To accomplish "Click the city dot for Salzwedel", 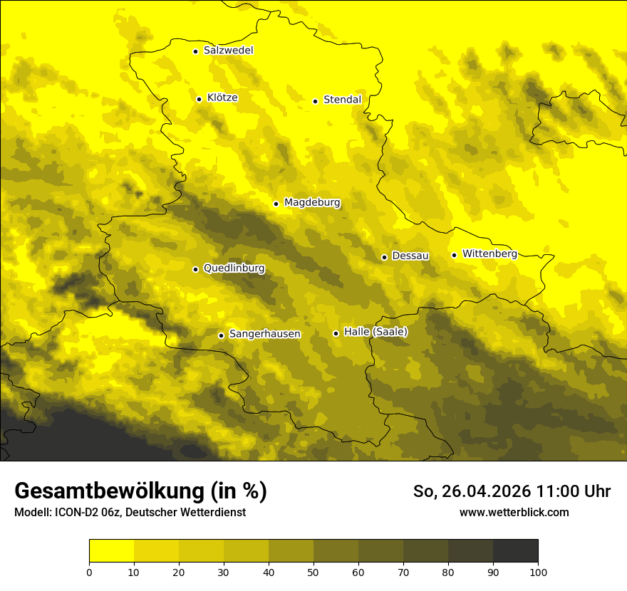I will point(195,51).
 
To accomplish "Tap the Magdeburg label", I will point(312,203).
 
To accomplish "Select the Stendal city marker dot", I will point(315,101).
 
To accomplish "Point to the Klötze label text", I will point(222,98).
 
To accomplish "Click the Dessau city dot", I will point(384,257).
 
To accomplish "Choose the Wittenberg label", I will point(489,253).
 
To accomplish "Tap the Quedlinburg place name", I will point(234,268).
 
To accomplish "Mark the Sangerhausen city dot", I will point(221,335).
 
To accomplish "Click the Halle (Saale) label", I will point(375,332).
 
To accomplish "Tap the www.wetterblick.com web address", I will point(514,512).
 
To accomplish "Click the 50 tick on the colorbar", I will point(313,572).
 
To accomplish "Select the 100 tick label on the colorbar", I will point(538,572).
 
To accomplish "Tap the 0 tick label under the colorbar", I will point(89,572).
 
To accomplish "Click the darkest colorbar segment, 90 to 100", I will point(515,551).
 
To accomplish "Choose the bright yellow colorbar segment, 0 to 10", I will point(111,551).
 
